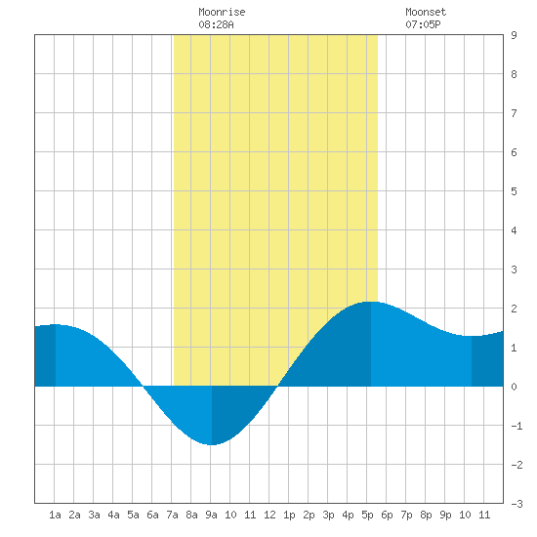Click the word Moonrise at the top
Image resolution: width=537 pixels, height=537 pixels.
click(222, 12)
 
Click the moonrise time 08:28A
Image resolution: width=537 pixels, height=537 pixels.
click(216, 24)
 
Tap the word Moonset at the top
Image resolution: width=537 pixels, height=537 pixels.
click(426, 12)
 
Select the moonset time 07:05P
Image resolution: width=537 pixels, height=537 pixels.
click(423, 24)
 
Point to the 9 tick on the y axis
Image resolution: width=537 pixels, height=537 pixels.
click(514, 35)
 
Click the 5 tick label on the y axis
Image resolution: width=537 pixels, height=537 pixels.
click(514, 191)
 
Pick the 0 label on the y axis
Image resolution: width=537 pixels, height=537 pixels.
click(514, 387)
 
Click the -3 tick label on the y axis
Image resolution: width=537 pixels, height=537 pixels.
click(516, 504)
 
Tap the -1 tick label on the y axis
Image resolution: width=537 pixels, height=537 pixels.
click(516, 426)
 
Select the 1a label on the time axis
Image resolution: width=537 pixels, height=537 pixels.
click(55, 515)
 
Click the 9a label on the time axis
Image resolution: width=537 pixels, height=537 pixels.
click(211, 515)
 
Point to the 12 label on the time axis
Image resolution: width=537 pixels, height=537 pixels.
click(269, 515)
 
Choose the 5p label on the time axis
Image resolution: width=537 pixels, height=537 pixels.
click(367, 515)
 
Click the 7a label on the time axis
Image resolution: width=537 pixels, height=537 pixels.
click(172, 515)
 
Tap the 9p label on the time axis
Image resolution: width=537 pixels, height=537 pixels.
click(445, 515)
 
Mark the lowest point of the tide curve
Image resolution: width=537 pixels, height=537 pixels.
click(212, 444)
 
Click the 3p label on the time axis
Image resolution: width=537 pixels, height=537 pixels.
click(328, 515)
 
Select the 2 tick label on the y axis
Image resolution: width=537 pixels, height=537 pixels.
click(514, 309)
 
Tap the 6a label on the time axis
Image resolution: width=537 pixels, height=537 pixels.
click(152, 515)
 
